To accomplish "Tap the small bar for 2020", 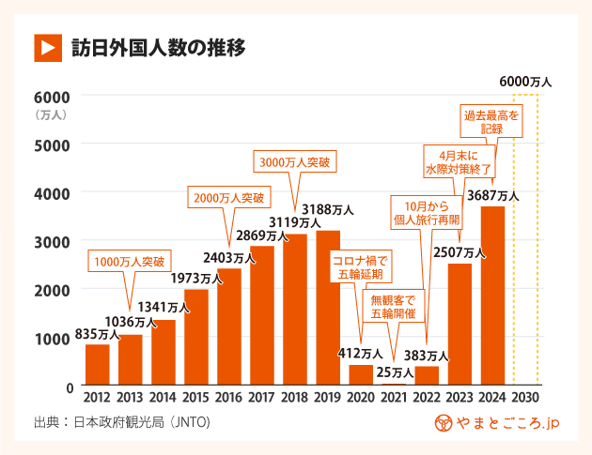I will (x=361, y=375).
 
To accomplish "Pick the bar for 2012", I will (x=98, y=365).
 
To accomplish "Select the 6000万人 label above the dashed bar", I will (x=525, y=82).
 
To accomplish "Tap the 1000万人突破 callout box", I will (x=131, y=260).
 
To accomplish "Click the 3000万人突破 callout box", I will (x=295, y=161).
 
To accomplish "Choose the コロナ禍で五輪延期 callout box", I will (x=362, y=266).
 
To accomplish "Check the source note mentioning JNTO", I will (x=121, y=424).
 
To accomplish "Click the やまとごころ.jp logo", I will (x=497, y=424).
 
